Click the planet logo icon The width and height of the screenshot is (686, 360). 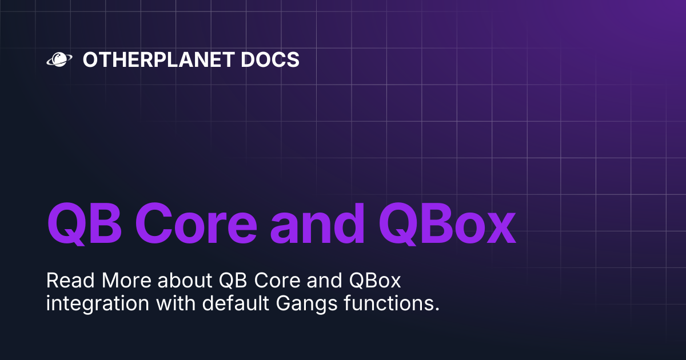[58, 59]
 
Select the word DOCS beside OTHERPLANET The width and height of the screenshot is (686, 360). [273, 59]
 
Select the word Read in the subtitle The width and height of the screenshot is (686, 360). [70, 281]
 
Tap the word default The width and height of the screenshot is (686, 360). [219, 303]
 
